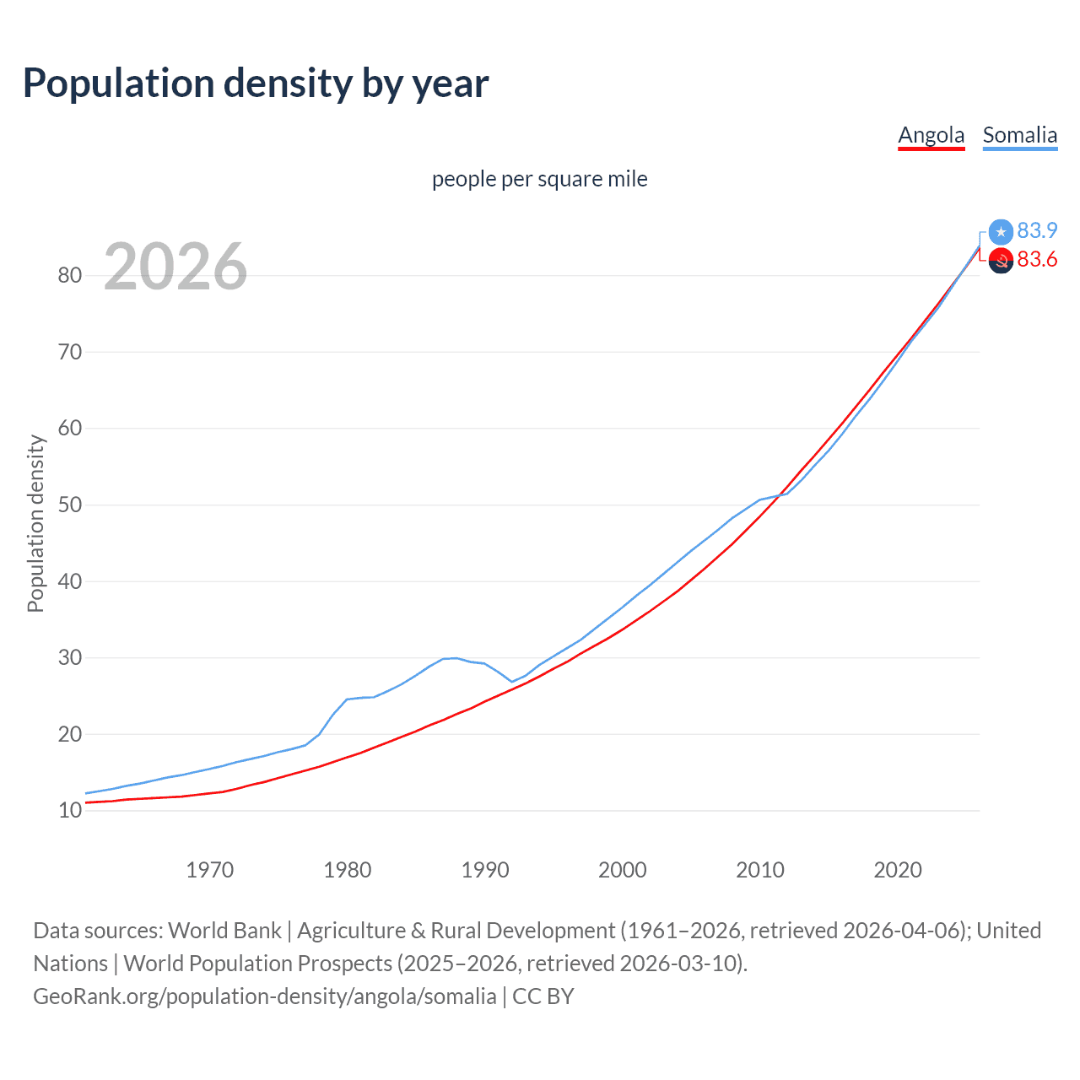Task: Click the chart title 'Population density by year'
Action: tap(256, 84)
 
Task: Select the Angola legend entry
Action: tap(931, 135)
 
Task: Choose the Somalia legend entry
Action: tap(1019, 135)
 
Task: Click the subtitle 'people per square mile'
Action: tap(539, 179)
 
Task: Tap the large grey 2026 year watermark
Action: tap(175, 267)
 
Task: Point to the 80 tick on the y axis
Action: tap(70, 275)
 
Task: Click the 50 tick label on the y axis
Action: tap(70, 505)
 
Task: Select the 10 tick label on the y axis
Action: tap(70, 811)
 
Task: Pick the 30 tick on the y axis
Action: tap(70, 657)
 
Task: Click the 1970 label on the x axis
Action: tap(209, 870)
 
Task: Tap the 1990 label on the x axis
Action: tap(485, 870)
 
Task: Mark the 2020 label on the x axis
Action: tap(898, 870)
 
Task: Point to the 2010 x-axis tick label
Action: tap(760, 870)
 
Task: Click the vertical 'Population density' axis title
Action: tap(35, 523)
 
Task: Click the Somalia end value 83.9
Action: tap(1037, 230)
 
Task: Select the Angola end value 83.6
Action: tap(1037, 259)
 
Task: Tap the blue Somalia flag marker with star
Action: tap(1001, 231)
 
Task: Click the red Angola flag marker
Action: tap(1001, 261)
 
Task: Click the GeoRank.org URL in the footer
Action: tap(265, 996)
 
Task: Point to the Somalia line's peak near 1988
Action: tap(455, 657)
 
